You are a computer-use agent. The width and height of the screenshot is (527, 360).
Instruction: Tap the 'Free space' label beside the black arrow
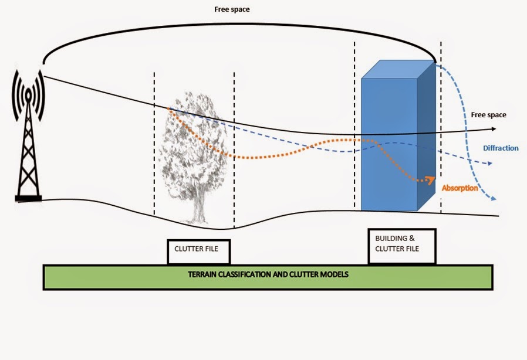(x=488, y=115)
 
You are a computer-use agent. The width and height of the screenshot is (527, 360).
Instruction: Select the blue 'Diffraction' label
(x=501, y=148)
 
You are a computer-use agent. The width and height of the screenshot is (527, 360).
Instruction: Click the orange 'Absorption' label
(x=459, y=188)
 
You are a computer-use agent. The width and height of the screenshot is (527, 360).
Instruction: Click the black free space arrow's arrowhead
(x=494, y=129)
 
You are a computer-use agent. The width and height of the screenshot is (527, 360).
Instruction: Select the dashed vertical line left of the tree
(x=154, y=147)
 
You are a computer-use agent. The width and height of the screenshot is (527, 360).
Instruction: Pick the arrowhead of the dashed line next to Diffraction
(x=492, y=165)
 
